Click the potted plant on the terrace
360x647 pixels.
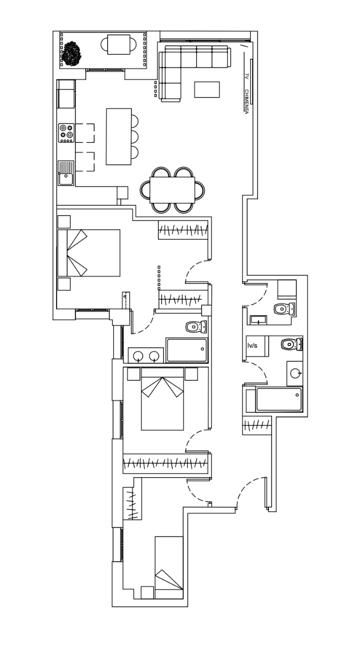point(72,53)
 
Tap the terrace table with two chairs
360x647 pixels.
point(119,44)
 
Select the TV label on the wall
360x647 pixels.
point(246,77)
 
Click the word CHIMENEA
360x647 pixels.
point(246,102)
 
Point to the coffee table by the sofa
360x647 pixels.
point(207,90)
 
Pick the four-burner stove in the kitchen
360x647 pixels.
point(66,133)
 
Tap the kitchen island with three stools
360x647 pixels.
point(122,136)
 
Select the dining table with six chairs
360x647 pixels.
point(172,190)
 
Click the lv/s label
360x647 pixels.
point(252,346)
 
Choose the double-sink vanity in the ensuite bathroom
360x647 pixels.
point(146,355)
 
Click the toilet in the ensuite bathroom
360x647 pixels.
point(196,327)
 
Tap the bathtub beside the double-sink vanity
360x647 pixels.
point(187,350)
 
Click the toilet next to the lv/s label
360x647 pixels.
point(292,345)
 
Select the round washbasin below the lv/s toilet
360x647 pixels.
point(295,374)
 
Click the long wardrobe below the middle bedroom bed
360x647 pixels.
point(165,464)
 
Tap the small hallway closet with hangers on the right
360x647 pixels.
point(257,425)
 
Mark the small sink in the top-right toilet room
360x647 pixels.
point(258,320)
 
